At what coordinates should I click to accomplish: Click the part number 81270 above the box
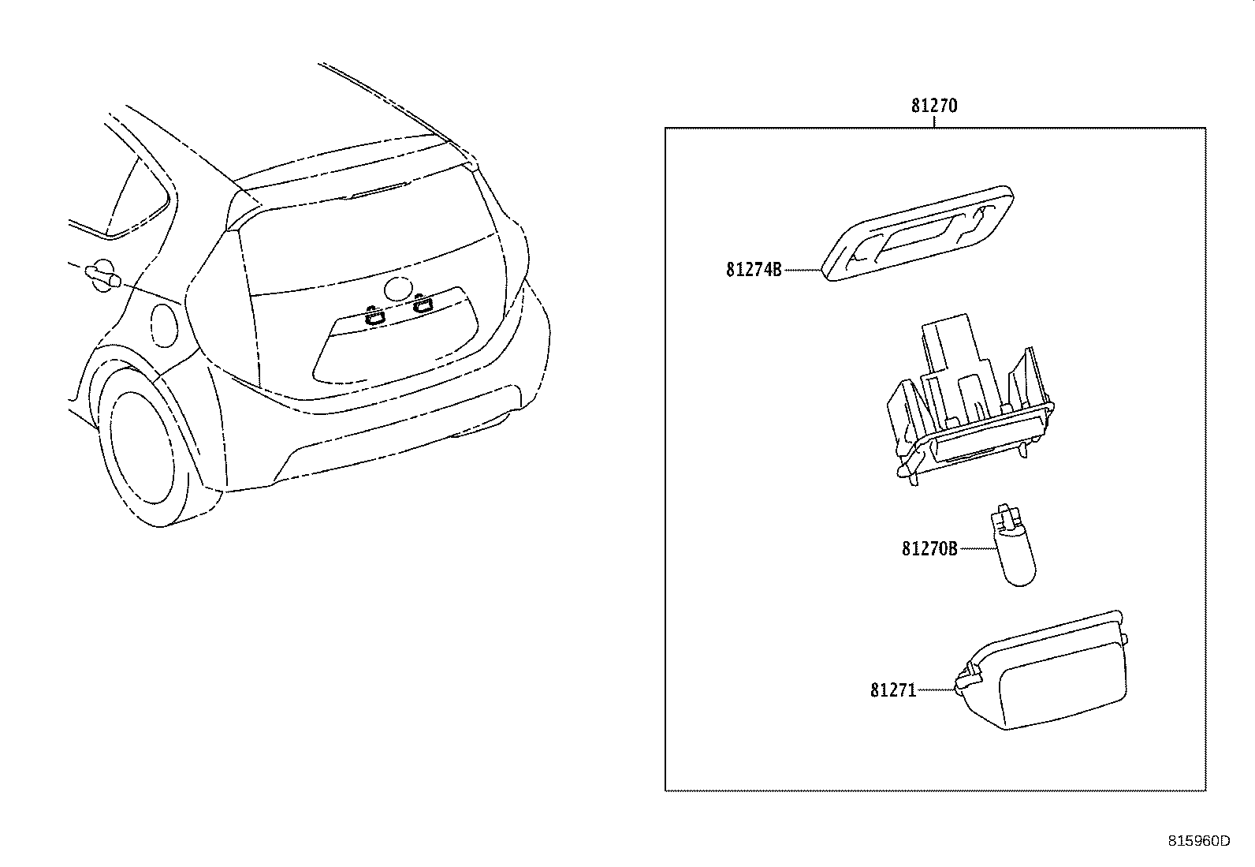(x=934, y=106)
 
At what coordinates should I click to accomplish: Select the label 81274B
(x=754, y=270)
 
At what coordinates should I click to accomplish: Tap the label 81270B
(x=929, y=548)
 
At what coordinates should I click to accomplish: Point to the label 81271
(x=893, y=689)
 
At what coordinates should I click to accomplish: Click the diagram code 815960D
(x=1199, y=841)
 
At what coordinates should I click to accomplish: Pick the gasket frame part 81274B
(x=918, y=233)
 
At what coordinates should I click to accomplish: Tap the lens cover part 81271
(x=1041, y=671)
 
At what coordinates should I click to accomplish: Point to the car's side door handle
(x=102, y=276)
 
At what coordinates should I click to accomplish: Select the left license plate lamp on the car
(x=374, y=316)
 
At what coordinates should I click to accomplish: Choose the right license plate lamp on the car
(x=423, y=304)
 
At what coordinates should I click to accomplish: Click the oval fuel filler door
(x=165, y=325)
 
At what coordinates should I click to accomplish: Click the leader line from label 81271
(x=936, y=689)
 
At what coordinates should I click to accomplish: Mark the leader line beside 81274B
(x=802, y=270)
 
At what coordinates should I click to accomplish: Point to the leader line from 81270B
(x=978, y=548)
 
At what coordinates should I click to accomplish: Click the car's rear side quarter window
(x=136, y=196)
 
